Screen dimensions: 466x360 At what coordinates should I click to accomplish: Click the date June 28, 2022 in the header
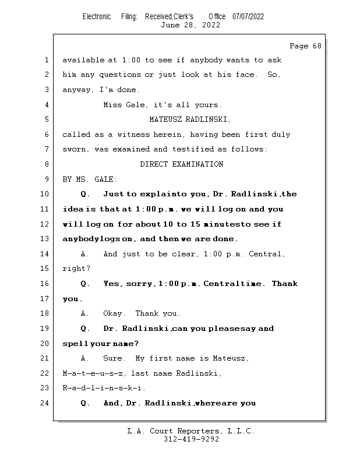pyautogui.click(x=190, y=25)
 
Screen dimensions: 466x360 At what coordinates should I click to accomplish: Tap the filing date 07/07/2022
pyautogui.click(x=248, y=16)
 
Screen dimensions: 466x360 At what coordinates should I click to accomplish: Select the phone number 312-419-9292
pyautogui.click(x=191, y=439)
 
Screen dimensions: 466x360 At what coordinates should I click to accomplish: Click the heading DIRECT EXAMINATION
pyautogui.click(x=181, y=164)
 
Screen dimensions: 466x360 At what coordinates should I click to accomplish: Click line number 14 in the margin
pyautogui.click(x=45, y=254)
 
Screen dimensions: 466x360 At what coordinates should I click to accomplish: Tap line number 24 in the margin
pyautogui.click(x=45, y=403)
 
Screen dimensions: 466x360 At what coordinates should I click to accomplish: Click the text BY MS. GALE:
pyautogui.click(x=90, y=179)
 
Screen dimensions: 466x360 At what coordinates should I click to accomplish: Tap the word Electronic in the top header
pyautogui.click(x=97, y=16)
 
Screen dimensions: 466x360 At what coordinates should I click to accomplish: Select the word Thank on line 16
pyautogui.click(x=284, y=284)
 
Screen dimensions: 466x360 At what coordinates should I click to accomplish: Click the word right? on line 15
pyautogui.click(x=76, y=269)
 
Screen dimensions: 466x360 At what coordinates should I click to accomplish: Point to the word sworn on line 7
pyautogui.click(x=76, y=150)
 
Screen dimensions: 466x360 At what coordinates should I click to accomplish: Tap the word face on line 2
pyautogui.click(x=245, y=75)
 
